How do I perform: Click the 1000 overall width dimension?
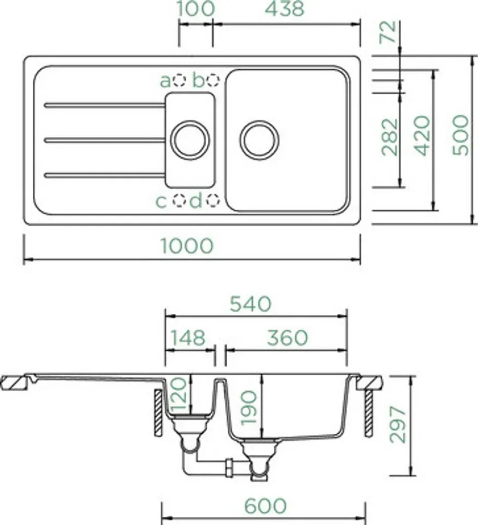186,246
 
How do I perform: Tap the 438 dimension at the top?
285,8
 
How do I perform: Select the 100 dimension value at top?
195,8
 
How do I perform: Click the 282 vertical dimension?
390,137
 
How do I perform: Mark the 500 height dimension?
461,135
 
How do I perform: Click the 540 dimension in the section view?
250,304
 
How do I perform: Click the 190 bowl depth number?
249,408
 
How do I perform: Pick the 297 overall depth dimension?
398,425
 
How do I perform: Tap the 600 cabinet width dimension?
266,506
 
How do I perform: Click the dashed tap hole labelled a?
180,80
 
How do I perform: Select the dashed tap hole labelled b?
213,80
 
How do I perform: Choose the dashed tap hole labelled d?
213,200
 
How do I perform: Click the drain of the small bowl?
190,140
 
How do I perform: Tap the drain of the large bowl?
259,140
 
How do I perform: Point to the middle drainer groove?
104,140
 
